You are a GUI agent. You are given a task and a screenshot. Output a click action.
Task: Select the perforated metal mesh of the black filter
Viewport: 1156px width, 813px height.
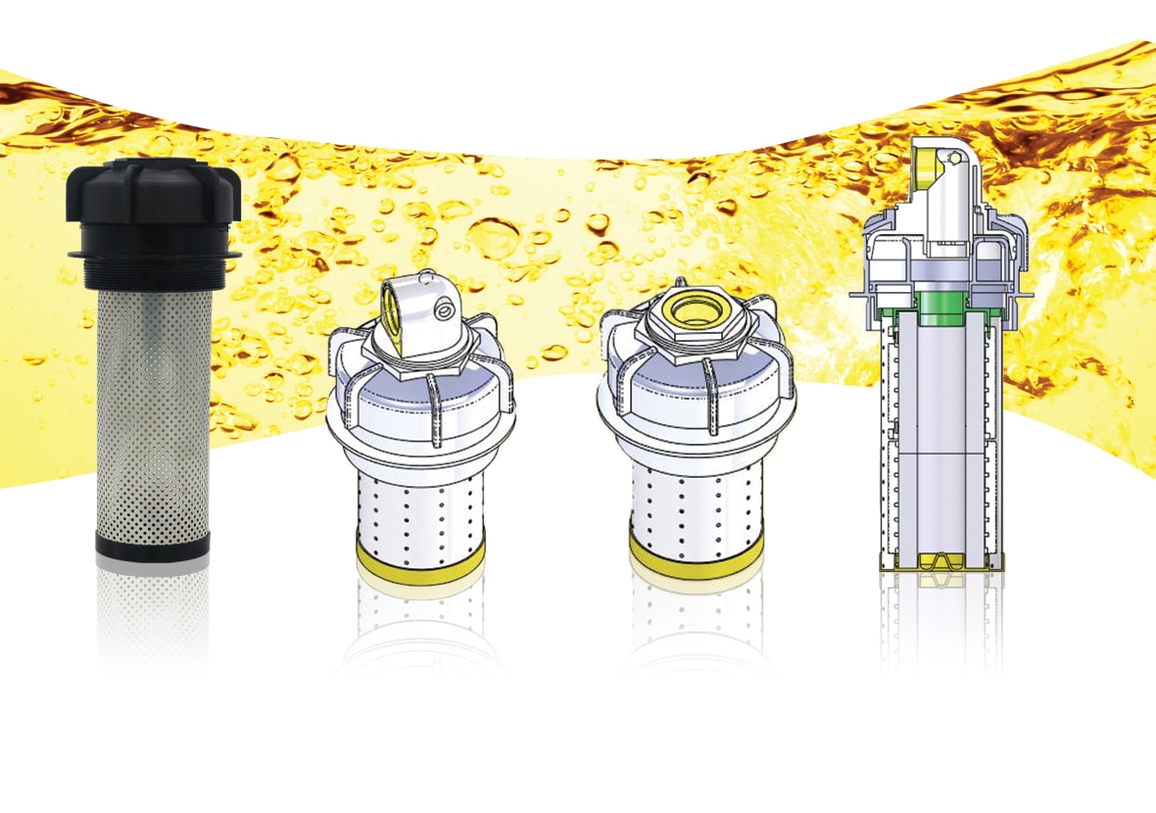[x=153, y=411]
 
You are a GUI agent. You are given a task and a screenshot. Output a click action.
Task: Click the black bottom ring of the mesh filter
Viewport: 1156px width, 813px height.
[x=153, y=546]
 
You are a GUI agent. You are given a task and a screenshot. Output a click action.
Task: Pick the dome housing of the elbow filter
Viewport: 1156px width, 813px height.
[x=420, y=411]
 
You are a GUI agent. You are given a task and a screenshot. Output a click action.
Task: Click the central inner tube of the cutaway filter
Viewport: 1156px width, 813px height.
[x=940, y=431]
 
